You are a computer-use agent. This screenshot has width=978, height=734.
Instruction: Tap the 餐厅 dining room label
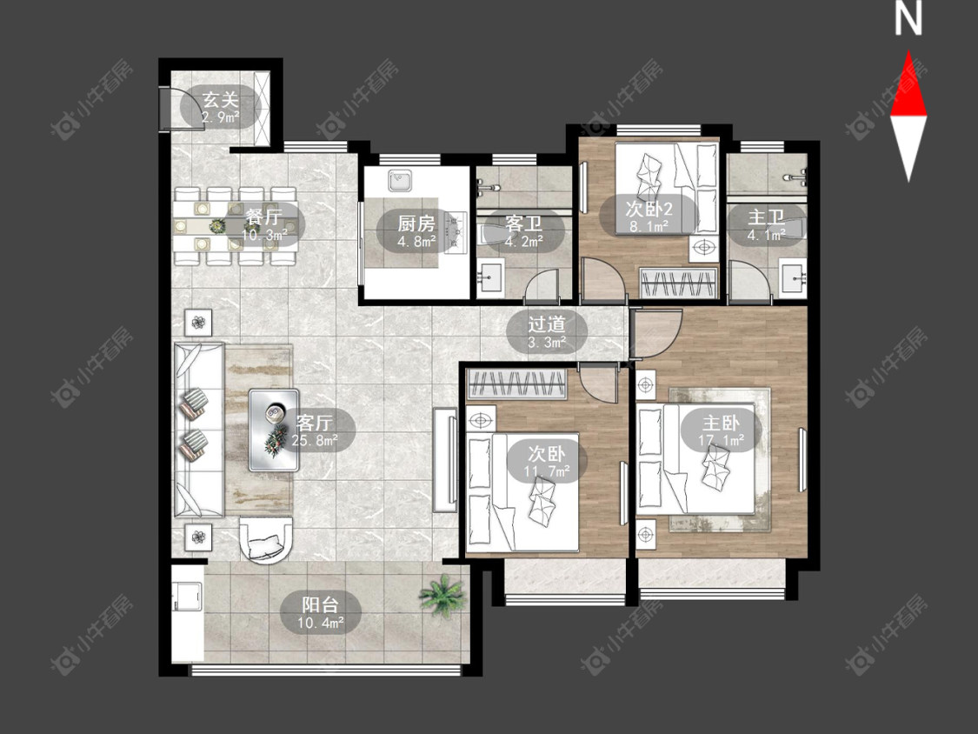[x=264, y=217]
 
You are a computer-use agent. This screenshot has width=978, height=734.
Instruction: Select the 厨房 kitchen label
[x=416, y=223]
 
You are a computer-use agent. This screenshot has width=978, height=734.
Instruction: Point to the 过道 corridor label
[x=547, y=324]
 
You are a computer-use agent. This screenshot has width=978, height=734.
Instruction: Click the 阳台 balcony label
[x=321, y=604]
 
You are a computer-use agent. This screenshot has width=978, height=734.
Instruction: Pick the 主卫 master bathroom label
[x=766, y=217]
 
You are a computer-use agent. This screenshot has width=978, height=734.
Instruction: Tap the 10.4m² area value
[x=321, y=623]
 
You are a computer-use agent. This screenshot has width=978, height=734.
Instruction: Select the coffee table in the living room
[x=274, y=430]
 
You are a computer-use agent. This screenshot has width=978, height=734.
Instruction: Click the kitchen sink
[x=398, y=180]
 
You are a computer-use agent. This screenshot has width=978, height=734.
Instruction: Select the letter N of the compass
[x=908, y=19]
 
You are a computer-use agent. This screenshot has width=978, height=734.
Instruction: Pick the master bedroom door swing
[x=656, y=334]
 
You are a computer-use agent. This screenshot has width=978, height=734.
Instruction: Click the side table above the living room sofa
[x=198, y=323]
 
